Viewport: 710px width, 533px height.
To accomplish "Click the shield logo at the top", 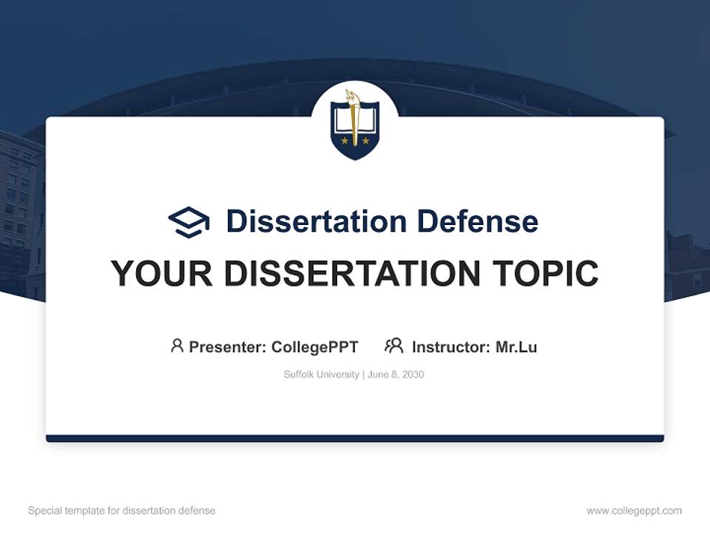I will [x=355, y=124].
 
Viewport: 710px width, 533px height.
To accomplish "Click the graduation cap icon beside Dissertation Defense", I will [x=189, y=221].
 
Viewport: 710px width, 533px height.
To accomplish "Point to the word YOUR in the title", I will [x=162, y=274].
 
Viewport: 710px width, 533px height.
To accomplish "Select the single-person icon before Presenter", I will [x=177, y=346].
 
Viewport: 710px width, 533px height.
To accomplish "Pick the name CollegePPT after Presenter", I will [x=315, y=346].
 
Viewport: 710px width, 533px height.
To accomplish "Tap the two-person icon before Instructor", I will [x=393, y=346].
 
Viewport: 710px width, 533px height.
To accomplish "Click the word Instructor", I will [x=450, y=346].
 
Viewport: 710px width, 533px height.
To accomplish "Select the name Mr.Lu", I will [x=516, y=346].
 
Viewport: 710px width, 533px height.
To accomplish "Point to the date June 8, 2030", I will [x=396, y=375].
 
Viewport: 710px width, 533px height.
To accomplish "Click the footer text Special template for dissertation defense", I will [x=122, y=511].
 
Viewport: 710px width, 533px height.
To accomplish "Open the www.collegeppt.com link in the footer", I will [x=634, y=511].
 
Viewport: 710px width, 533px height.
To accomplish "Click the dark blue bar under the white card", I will [x=355, y=438].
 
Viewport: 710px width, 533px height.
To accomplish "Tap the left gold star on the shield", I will [x=345, y=140].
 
